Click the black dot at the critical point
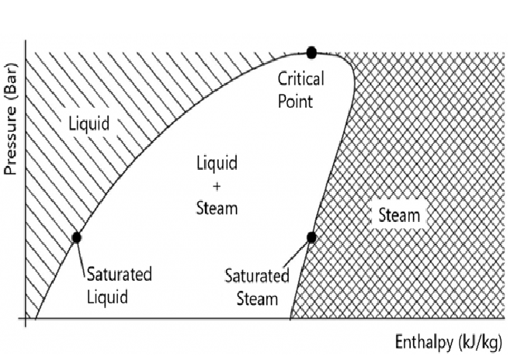311,52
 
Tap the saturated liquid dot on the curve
77,237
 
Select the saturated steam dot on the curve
311,237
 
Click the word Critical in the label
301,79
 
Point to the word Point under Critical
298,100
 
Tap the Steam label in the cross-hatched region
399,216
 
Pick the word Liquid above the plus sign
216,164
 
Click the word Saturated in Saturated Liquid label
119,275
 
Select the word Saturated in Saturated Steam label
257,275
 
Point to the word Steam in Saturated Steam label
257,297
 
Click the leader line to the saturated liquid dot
81,256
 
